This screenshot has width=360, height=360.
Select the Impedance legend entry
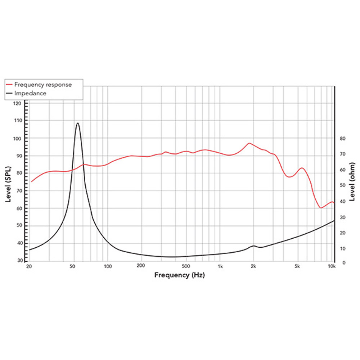point(30,93)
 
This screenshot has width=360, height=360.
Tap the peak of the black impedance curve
point(77,123)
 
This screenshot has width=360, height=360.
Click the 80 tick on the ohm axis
point(343,138)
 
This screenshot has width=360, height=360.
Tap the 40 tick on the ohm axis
point(343,201)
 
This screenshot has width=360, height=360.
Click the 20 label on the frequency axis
point(30,267)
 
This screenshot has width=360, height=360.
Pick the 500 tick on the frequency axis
point(185,267)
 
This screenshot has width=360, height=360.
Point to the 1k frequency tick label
point(220,267)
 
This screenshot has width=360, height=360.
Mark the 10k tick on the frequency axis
point(332,267)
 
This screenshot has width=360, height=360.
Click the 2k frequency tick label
point(253,267)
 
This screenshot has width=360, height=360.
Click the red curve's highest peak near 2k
point(249,143)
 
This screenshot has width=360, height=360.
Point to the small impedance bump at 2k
point(253,246)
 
